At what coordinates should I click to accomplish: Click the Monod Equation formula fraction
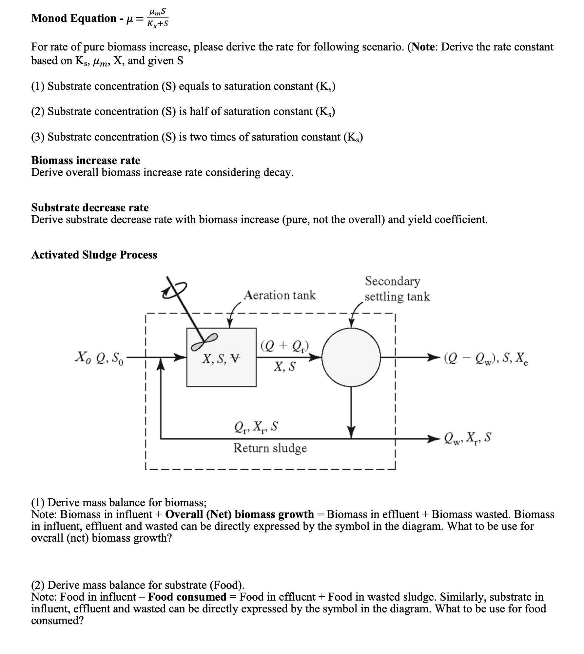pyautogui.click(x=158, y=18)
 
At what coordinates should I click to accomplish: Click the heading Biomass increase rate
pyautogui.click(x=86, y=161)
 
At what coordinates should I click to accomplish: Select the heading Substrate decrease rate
pyautogui.click(x=90, y=208)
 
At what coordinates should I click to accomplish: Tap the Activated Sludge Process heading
pyautogui.click(x=94, y=255)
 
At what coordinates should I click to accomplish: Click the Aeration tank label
pyautogui.click(x=280, y=296)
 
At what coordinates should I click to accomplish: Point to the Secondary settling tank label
pyautogui.click(x=397, y=289)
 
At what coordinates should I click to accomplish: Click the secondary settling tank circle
pyautogui.click(x=351, y=357)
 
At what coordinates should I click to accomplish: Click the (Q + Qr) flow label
pyautogui.click(x=284, y=346)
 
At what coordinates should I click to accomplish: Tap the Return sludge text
pyautogui.click(x=270, y=448)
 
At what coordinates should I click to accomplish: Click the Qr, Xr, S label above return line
pyautogui.click(x=256, y=427)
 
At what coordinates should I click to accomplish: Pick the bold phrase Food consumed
pyautogui.click(x=187, y=597)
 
